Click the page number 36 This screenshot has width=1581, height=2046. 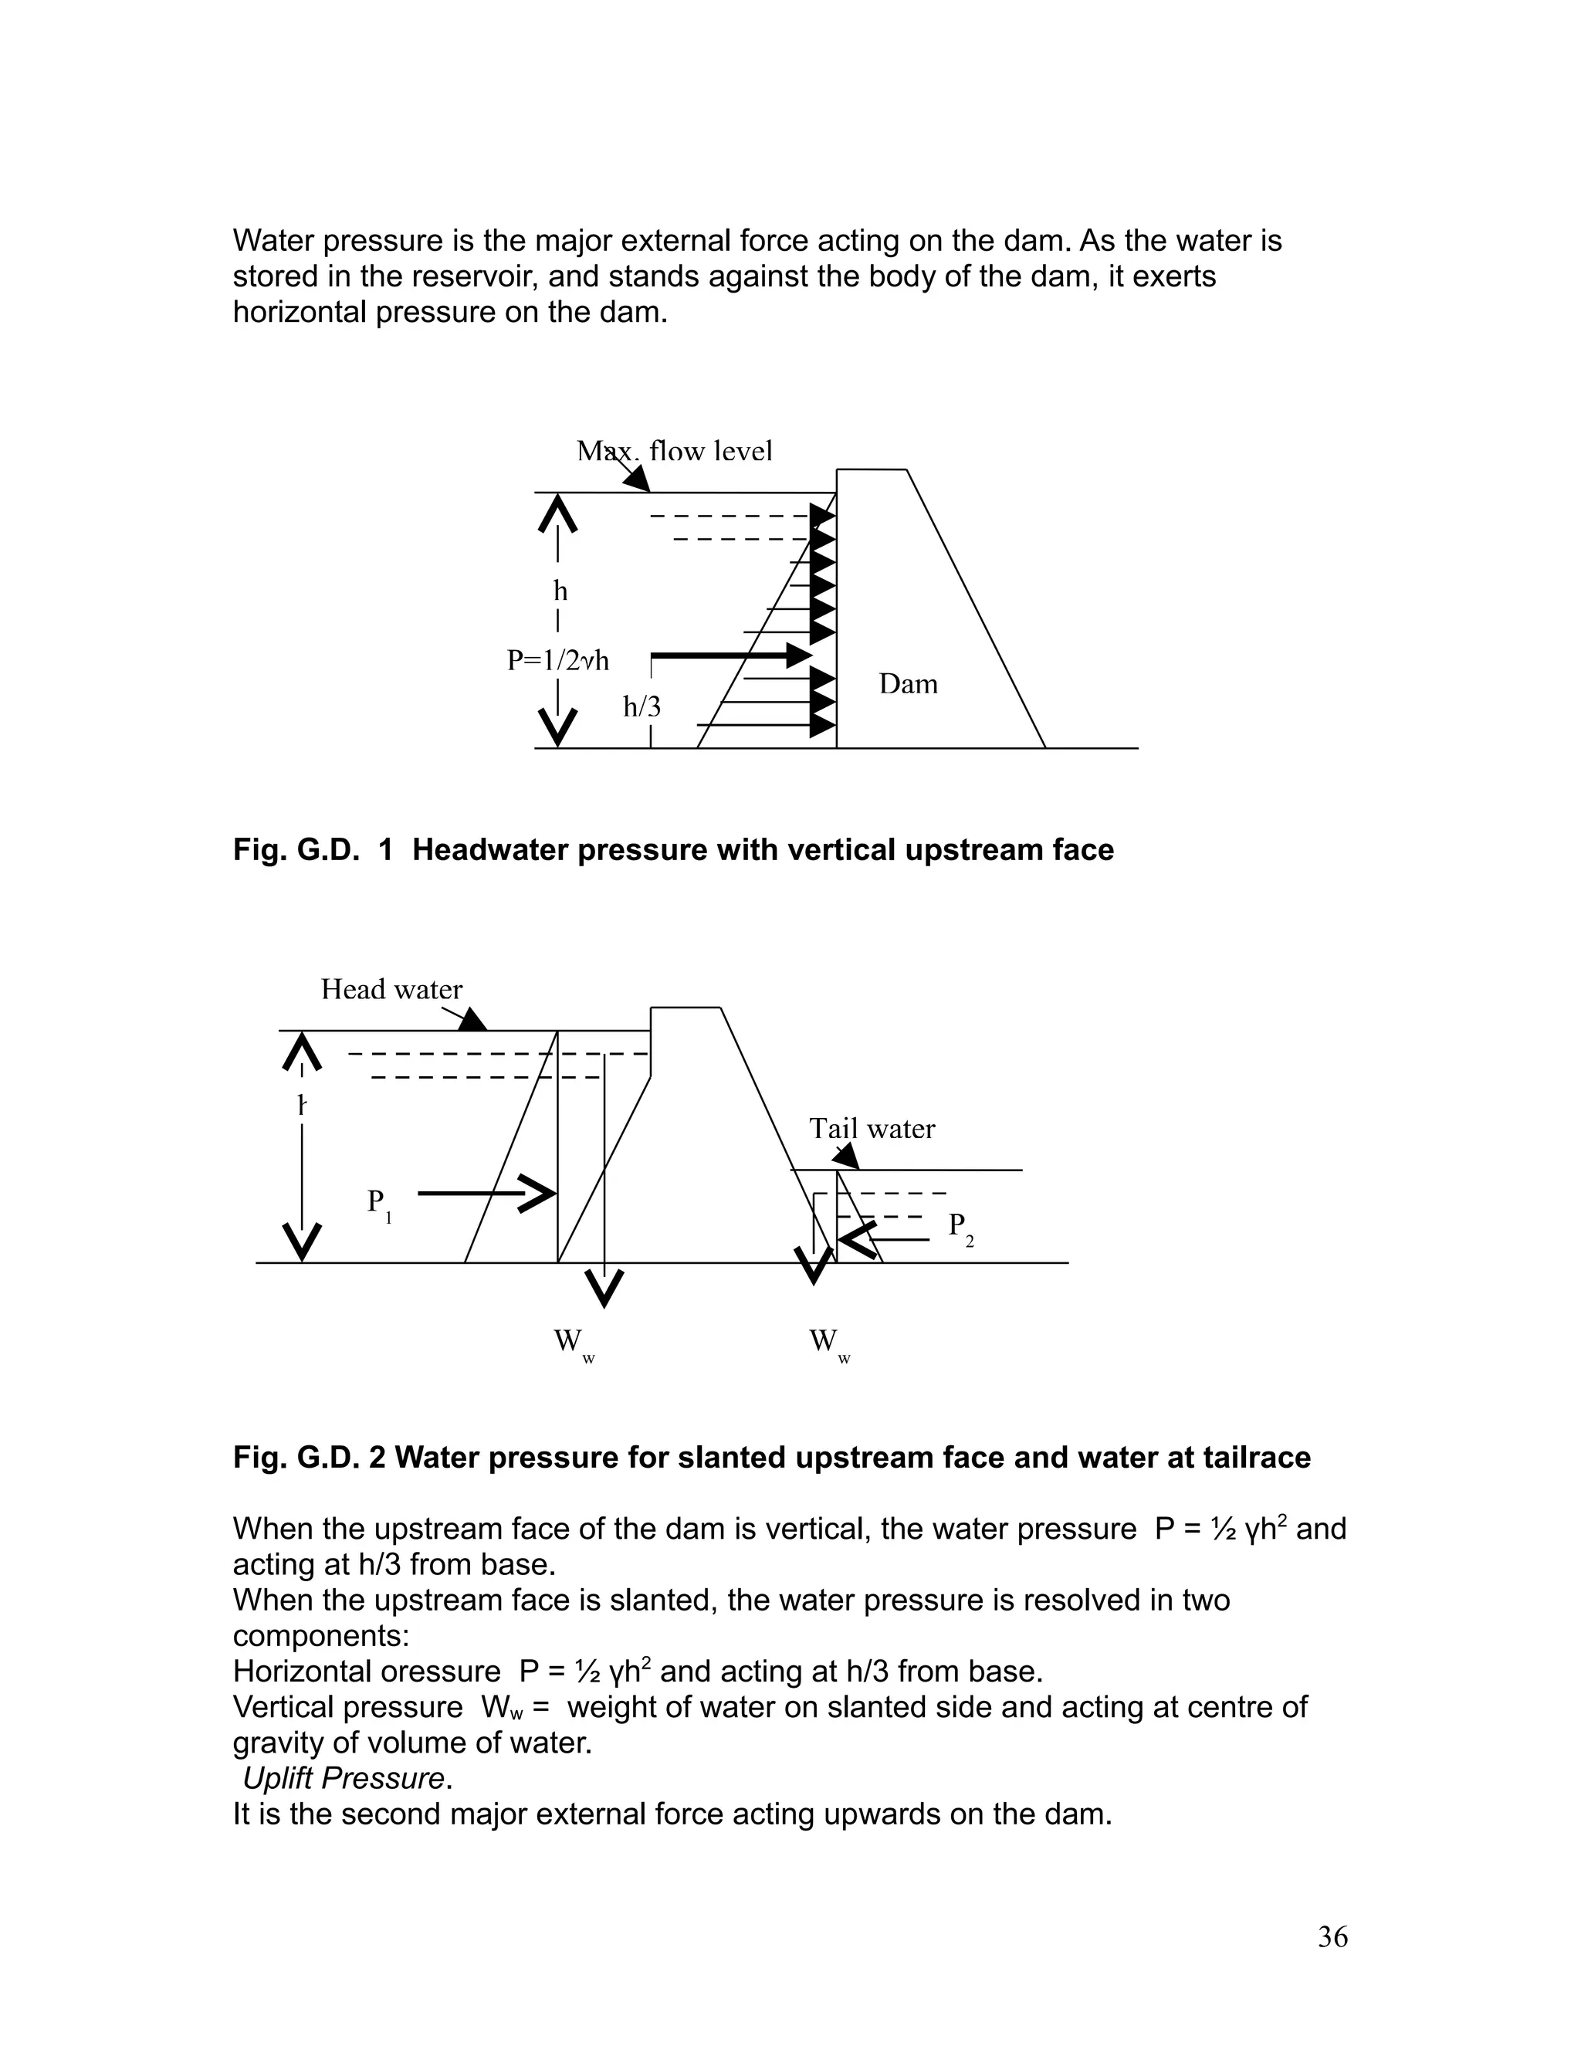[x=1332, y=1936]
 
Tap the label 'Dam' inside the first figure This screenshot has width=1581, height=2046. [x=908, y=684]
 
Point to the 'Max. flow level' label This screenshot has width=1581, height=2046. [x=675, y=451]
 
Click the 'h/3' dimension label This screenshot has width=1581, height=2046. [x=642, y=706]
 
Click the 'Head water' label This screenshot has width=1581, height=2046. [x=391, y=989]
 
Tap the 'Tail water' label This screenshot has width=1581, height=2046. [x=872, y=1128]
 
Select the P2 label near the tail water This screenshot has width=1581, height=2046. [x=960, y=1228]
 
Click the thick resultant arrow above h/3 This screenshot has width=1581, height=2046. [x=730, y=655]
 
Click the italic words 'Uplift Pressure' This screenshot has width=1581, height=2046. [x=344, y=1778]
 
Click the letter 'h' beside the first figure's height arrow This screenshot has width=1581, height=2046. [x=560, y=591]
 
